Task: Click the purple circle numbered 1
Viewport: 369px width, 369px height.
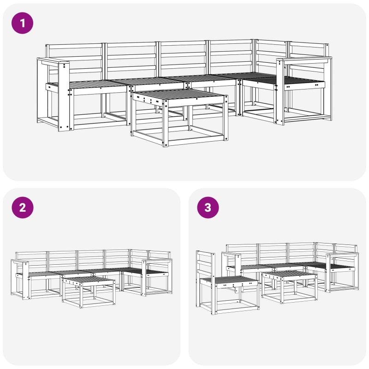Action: tap(22, 23)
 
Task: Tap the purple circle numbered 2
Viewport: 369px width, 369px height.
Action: tap(22, 207)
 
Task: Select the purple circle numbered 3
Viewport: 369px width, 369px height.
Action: tap(208, 207)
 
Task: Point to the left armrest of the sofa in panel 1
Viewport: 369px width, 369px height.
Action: tap(53, 62)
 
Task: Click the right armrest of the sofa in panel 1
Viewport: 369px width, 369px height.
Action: tap(304, 60)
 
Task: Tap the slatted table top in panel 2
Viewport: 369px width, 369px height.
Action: tap(89, 280)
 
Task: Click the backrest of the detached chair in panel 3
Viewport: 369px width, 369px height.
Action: tap(206, 263)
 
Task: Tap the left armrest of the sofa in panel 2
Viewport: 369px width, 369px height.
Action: tap(20, 262)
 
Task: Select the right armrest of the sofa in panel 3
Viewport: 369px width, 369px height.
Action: tap(342, 254)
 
